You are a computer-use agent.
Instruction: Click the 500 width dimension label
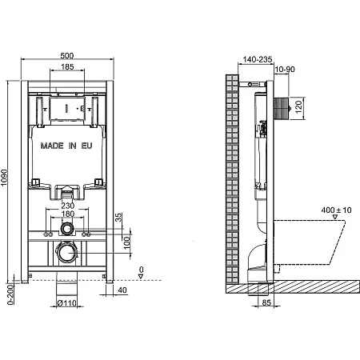[x=67, y=55]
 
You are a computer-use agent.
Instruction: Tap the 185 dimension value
[x=67, y=66]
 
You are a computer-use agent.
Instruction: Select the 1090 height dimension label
[x=4, y=178]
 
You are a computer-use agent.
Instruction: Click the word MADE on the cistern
[x=52, y=146]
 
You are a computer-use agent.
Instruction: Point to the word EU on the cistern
[x=86, y=146]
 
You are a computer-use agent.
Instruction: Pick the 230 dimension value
[x=68, y=206]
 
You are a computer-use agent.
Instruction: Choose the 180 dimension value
[x=68, y=214]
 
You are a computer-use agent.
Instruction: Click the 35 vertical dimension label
[x=118, y=217]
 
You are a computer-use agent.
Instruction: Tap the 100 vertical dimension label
[x=127, y=242]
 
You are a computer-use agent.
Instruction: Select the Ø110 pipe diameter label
[x=66, y=303]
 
